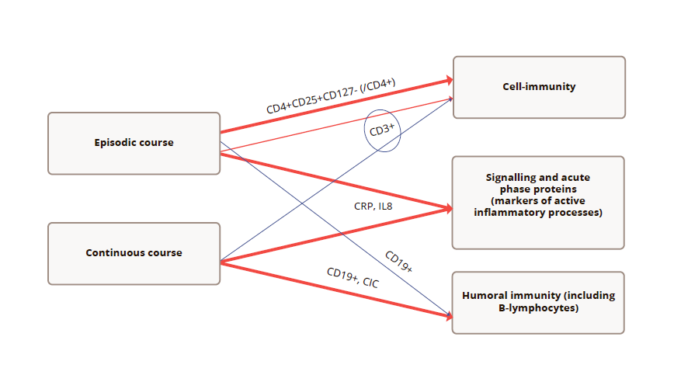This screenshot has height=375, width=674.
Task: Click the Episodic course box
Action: [134, 143]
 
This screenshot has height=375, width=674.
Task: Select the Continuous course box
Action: [134, 253]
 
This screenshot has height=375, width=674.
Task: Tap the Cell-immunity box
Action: [539, 87]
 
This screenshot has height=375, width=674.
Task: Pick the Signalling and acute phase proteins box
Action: [538, 202]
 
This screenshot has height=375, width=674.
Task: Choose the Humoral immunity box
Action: [538, 302]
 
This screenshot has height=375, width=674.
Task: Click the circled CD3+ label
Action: [382, 130]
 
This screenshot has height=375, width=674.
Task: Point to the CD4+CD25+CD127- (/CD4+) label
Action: [332, 96]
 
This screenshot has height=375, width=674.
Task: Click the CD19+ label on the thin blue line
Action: [399, 262]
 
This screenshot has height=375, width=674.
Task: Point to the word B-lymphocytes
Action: [538, 308]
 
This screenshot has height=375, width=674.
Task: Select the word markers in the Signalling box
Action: [513, 201]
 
